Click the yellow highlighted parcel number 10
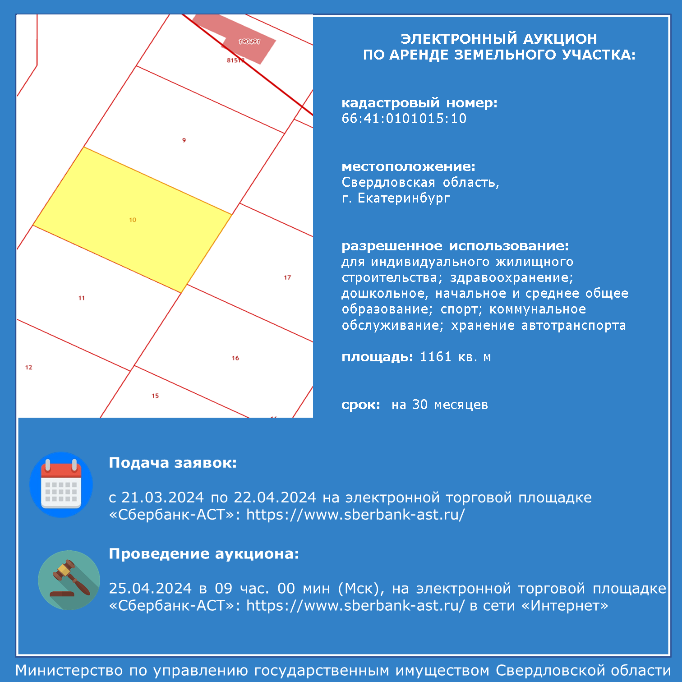[133, 220]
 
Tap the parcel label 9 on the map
[184, 140]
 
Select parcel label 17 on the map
[287, 277]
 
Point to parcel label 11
[82, 298]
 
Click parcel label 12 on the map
[29, 367]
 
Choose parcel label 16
[235, 358]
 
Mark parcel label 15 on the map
[155, 396]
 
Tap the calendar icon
[61, 485]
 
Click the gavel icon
[69, 580]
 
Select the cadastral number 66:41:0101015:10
[404, 119]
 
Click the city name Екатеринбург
[404, 198]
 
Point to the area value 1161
[436, 357]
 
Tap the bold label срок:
[361, 405]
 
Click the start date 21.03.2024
[163, 498]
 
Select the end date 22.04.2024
[275, 498]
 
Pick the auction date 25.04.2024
[150, 589]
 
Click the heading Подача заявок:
[173, 463]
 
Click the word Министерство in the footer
[69, 671]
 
